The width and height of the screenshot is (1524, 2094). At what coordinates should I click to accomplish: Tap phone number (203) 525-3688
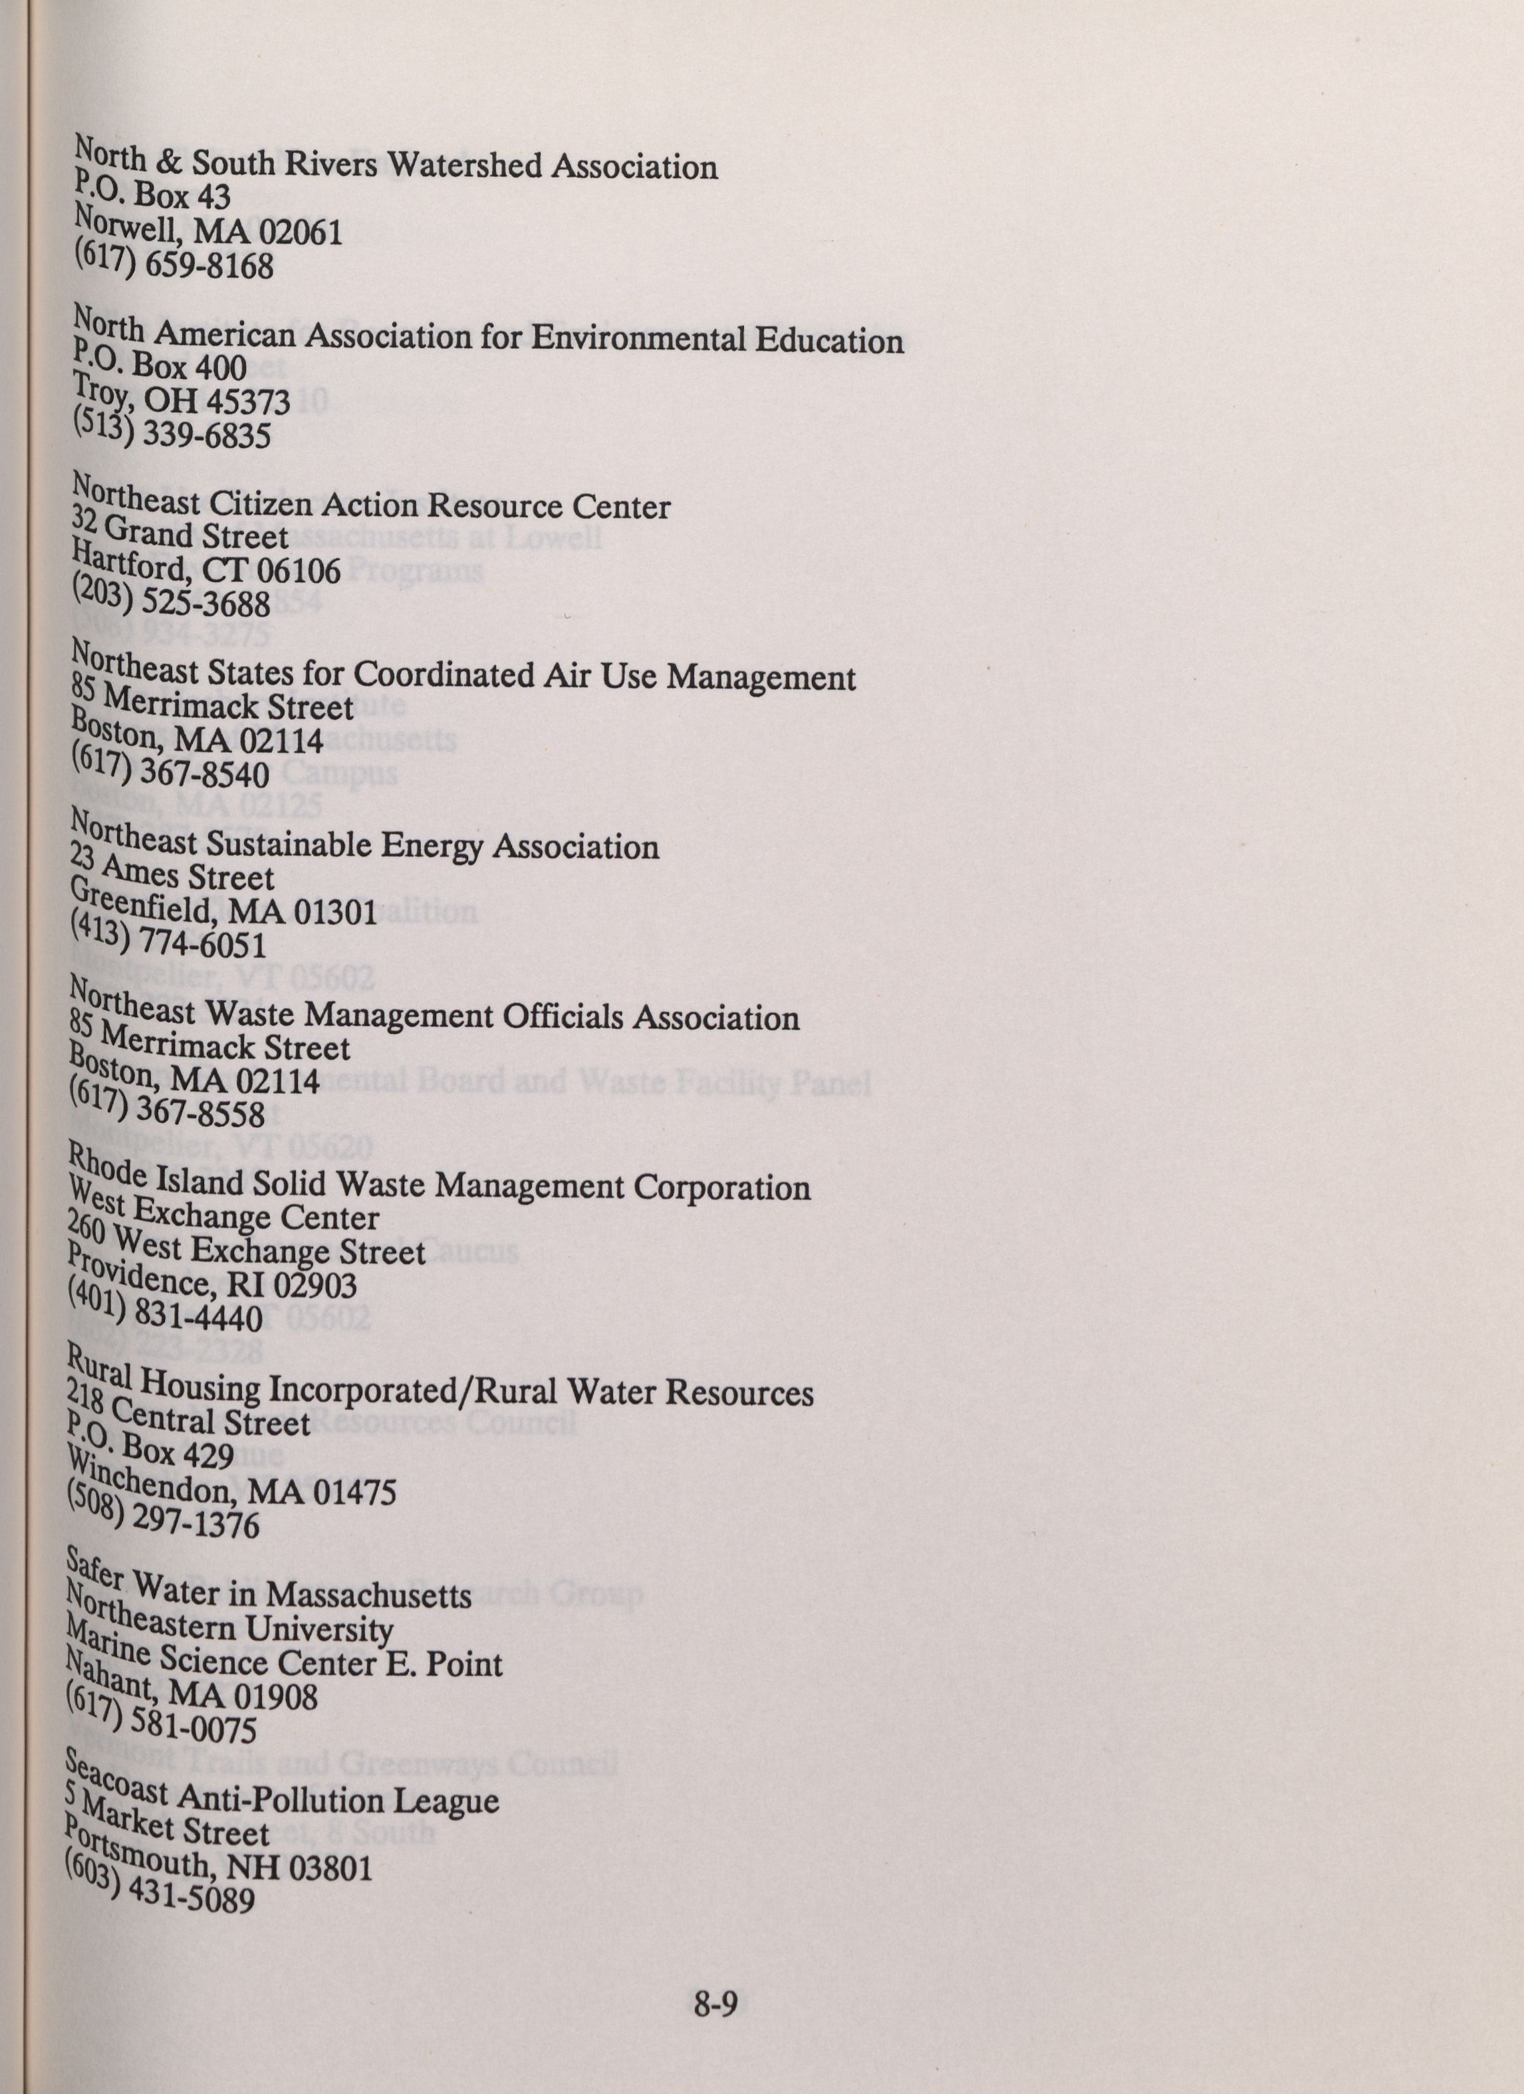tap(171, 600)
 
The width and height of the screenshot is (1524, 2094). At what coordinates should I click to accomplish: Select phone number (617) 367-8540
tap(170, 770)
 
